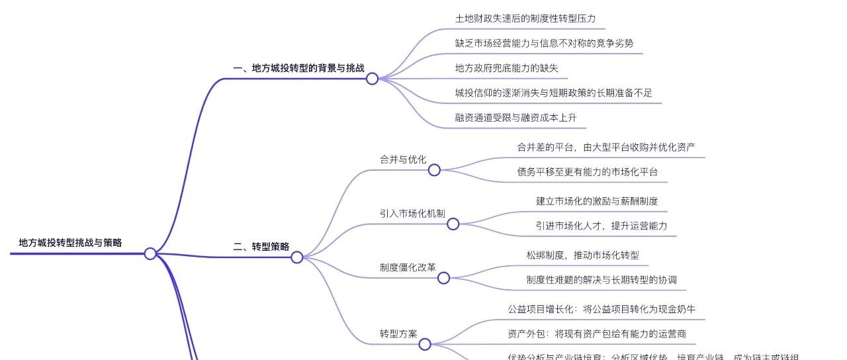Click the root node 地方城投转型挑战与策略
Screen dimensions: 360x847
tap(70, 243)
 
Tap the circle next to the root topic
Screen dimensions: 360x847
tap(150, 253)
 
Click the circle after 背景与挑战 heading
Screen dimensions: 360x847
tap(372, 79)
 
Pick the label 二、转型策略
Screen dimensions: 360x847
tap(261, 247)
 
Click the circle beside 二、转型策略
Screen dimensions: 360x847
tap(296, 257)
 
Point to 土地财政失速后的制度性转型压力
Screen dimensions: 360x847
tap(525, 19)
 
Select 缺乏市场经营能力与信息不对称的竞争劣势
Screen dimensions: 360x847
tap(544, 43)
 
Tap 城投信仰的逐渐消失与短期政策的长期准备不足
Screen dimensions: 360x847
tap(553, 93)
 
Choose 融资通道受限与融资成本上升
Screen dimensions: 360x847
tap(516, 118)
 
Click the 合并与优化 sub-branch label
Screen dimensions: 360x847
tap(402, 159)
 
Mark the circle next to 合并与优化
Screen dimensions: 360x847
tap(434, 170)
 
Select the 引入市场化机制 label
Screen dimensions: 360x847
tap(412, 213)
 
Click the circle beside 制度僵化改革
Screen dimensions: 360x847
tap(443, 279)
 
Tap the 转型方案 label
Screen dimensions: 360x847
tap(398, 334)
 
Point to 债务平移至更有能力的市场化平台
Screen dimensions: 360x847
tap(588, 172)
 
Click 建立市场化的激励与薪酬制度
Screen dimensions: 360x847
tap(596, 201)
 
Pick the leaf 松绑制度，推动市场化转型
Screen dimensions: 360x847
tap(582, 255)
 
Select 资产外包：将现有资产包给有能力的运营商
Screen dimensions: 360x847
tap(602, 334)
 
